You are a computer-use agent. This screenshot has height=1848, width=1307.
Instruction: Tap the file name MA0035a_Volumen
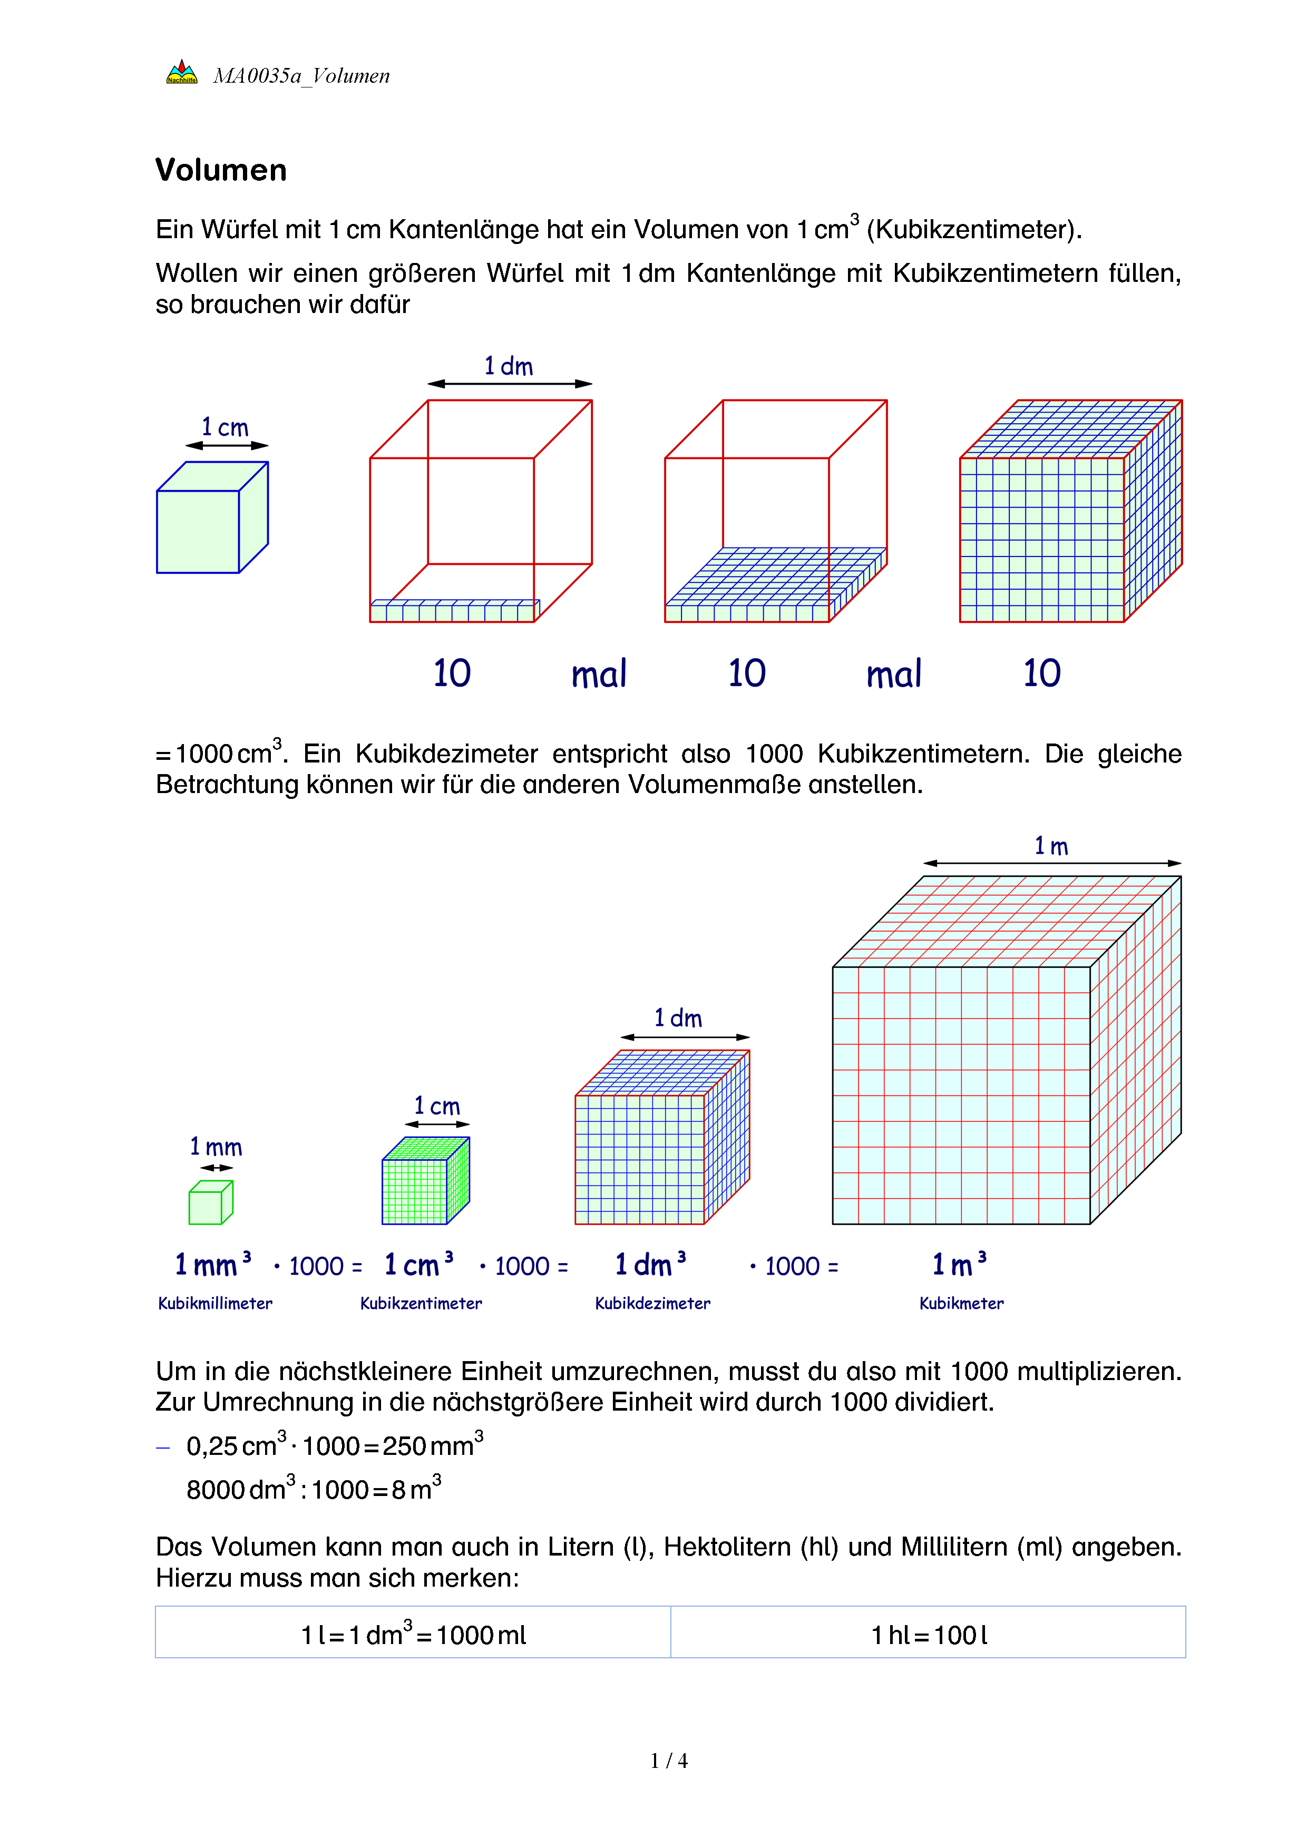[301, 76]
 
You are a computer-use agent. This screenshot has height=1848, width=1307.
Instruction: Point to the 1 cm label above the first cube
[226, 427]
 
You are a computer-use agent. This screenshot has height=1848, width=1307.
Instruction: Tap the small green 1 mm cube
[210, 1202]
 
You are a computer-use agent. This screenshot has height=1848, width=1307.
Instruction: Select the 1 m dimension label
[1051, 846]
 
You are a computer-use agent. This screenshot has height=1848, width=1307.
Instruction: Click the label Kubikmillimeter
[215, 1303]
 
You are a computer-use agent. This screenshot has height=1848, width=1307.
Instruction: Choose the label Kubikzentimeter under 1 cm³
[421, 1303]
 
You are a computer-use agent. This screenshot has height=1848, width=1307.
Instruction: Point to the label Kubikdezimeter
[652, 1303]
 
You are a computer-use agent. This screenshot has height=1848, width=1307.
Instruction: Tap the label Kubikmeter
[962, 1303]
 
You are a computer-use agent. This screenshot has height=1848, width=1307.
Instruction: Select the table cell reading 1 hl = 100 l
[928, 1635]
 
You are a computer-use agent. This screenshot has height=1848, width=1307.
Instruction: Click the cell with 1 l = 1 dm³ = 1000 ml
[413, 1635]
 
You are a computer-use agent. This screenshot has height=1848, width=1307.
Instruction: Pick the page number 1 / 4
[669, 1761]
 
